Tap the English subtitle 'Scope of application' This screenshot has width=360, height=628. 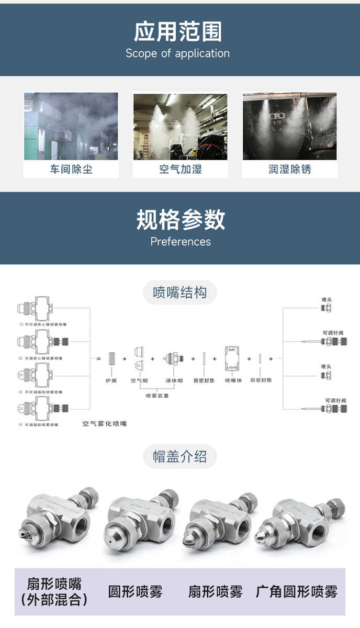click(177, 53)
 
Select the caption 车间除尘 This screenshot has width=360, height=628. click(71, 169)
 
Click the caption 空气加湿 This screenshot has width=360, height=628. click(180, 169)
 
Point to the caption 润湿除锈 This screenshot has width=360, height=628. click(289, 169)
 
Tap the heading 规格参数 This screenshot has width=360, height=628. click(181, 220)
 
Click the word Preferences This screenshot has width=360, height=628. click(181, 242)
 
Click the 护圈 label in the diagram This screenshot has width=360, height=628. click(111, 380)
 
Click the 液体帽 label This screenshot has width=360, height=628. click(174, 380)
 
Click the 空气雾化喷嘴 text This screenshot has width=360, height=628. click(105, 423)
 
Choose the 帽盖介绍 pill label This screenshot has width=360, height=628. click(179, 457)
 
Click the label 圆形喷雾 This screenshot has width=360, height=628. click(135, 592)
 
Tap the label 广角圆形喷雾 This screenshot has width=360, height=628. click(296, 592)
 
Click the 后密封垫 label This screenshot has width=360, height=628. click(261, 380)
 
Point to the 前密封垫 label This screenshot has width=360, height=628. click(204, 380)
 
